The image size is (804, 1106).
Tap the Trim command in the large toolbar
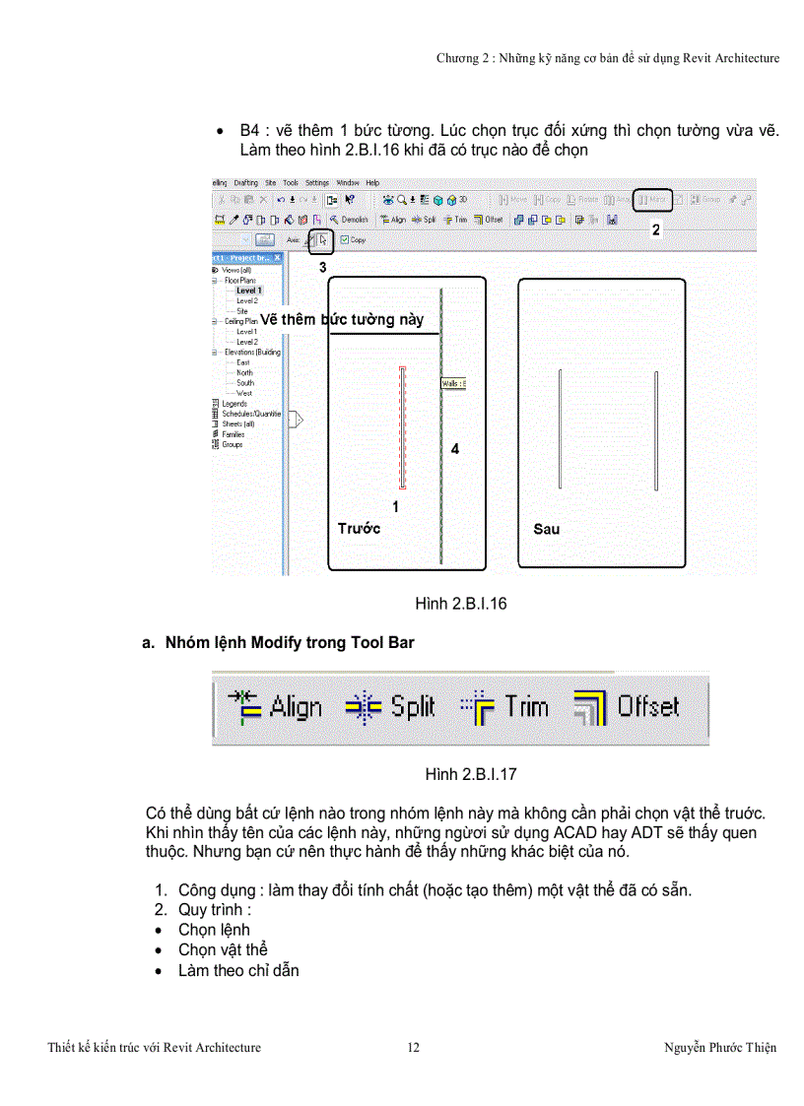click(x=504, y=706)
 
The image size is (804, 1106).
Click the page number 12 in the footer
click(x=414, y=1047)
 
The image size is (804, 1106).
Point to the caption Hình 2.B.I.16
click(x=461, y=604)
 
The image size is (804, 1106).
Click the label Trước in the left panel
click(x=359, y=529)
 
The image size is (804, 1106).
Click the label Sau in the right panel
click(x=547, y=529)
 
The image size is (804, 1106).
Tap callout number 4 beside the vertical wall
click(x=454, y=449)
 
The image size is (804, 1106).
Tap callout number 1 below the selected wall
click(x=396, y=507)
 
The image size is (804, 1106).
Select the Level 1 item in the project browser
click(x=248, y=291)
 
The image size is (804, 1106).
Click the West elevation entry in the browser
click(x=243, y=393)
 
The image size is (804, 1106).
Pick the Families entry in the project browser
click(x=233, y=434)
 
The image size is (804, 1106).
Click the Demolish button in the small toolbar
click(x=349, y=220)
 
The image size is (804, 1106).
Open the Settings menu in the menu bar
click(x=316, y=183)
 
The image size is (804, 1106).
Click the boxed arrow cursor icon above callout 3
click(x=321, y=238)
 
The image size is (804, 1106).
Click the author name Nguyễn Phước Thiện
click(x=720, y=1047)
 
